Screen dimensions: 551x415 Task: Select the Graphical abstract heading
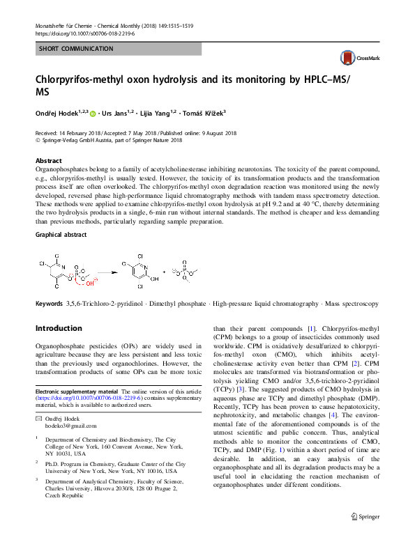61,235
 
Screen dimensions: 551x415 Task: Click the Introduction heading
59,327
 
